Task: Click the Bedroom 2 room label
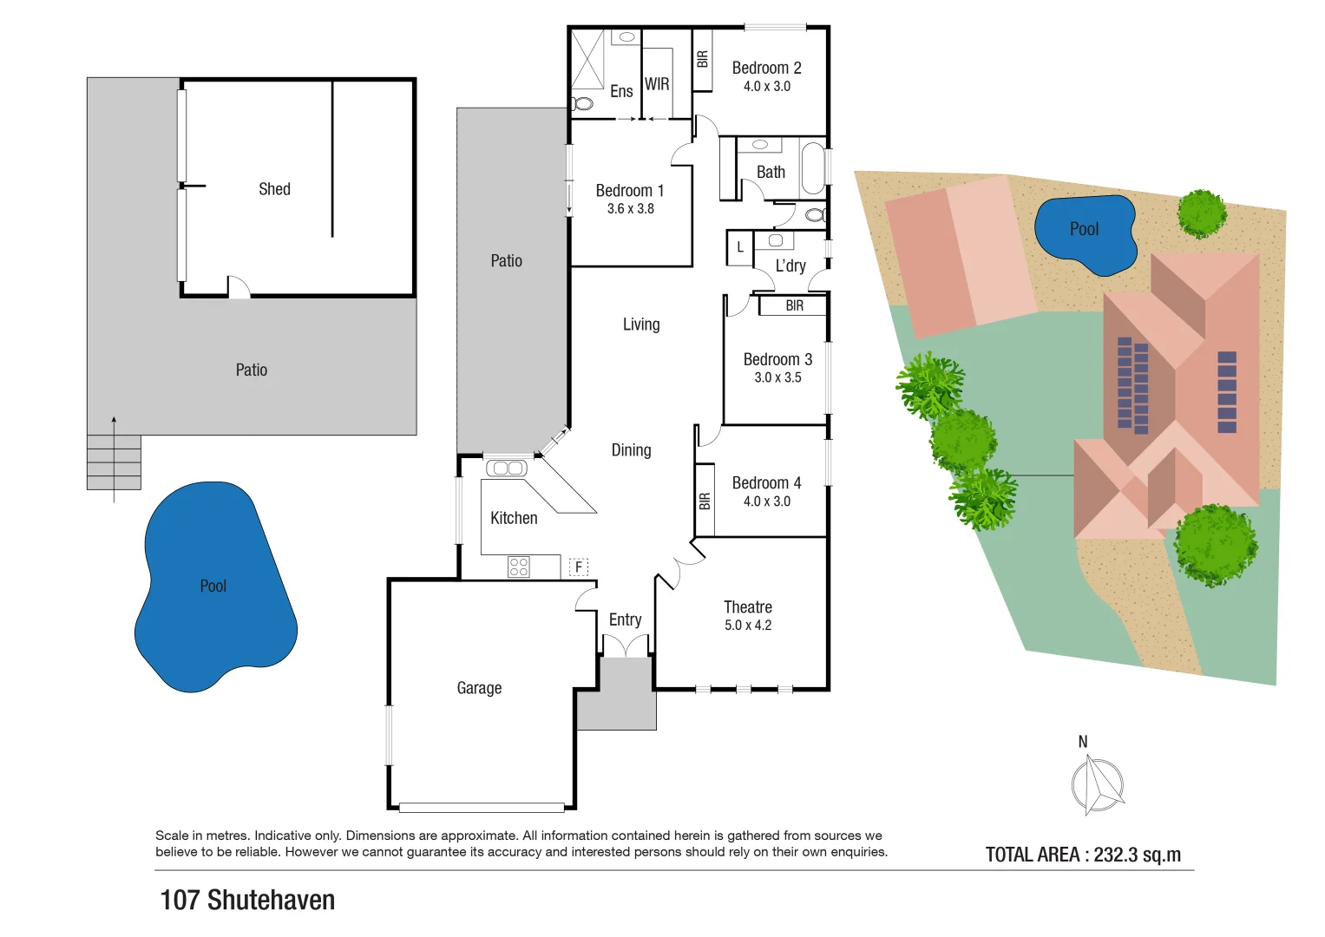[766, 68]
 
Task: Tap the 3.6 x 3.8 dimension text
[630, 209]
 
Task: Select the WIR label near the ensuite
[657, 84]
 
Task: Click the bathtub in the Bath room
[812, 168]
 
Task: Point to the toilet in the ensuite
[582, 104]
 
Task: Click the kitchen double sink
[507, 468]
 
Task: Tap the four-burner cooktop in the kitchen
[519, 567]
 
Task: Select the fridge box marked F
[579, 567]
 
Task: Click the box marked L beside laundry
[739, 247]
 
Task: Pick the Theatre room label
[747, 607]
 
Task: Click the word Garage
[479, 688]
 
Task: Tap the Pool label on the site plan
[1084, 229]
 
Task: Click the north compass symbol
[1097, 783]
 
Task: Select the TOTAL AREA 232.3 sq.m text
[1083, 855]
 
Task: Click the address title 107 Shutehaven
[247, 900]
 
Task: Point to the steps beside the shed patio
[114, 462]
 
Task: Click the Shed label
[274, 189]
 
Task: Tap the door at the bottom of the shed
[239, 288]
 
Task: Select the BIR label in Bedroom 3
[794, 305]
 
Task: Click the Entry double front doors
[626, 645]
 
